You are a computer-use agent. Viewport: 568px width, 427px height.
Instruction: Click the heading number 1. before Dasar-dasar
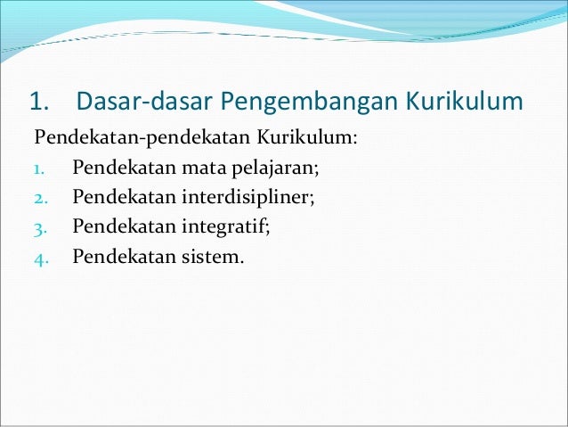pos(42,103)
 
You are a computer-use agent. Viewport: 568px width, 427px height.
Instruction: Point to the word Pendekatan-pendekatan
pos(142,140)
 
